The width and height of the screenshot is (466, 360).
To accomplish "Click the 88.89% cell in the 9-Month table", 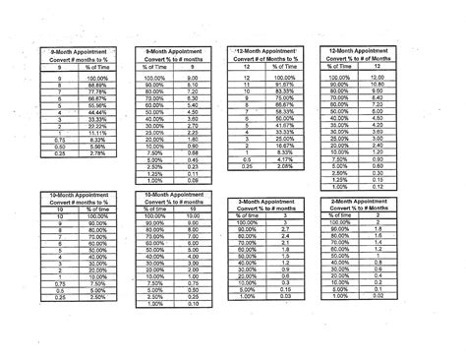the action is pyautogui.click(x=97, y=86).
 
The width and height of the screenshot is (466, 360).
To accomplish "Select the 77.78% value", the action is pyautogui.click(x=97, y=92).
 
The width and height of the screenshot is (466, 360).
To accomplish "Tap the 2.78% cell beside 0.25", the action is pyautogui.click(x=97, y=153).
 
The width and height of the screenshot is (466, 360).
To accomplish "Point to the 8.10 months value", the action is pyautogui.click(x=192, y=86).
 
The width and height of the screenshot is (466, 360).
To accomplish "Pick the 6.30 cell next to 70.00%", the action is pyautogui.click(x=192, y=99).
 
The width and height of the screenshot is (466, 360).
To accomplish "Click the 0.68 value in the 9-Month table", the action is pyautogui.click(x=192, y=153).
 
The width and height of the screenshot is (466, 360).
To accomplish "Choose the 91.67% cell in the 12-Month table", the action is pyautogui.click(x=283, y=86).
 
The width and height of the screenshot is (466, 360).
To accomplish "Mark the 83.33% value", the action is pyautogui.click(x=283, y=92).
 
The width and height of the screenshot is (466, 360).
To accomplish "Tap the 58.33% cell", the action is pyautogui.click(x=283, y=113).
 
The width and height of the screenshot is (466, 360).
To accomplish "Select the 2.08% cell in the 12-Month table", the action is pyautogui.click(x=283, y=167).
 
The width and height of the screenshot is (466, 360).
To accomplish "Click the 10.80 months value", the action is pyautogui.click(x=376, y=85).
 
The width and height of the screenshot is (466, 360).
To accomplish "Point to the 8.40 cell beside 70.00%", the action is pyautogui.click(x=376, y=98).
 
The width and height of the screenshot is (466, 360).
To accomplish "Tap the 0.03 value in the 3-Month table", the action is pyautogui.click(x=285, y=297).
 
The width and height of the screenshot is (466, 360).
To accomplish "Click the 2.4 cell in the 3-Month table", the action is pyautogui.click(x=285, y=236).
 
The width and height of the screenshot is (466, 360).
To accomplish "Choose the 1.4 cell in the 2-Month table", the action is pyautogui.click(x=378, y=243).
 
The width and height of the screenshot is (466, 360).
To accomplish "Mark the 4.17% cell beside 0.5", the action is pyautogui.click(x=283, y=160).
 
